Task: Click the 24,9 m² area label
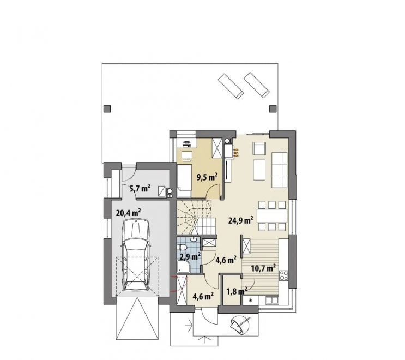tap(241, 220)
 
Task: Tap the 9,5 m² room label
tap(207, 177)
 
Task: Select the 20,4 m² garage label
tap(129, 213)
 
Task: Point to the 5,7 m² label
tap(140, 188)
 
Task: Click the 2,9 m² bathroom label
tap(190, 256)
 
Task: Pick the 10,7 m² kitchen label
tap(263, 268)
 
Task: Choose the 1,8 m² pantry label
tap(237, 291)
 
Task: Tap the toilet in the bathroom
tap(183, 248)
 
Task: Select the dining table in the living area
tap(272, 215)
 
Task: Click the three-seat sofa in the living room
tap(279, 170)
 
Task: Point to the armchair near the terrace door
tap(259, 148)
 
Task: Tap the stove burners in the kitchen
tap(284, 275)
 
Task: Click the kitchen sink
tap(272, 300)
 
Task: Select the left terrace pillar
tap(107, 109)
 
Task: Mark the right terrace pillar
tap(273, 109)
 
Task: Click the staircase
tap(196, 217)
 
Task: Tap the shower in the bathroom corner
tap(184, 267)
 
